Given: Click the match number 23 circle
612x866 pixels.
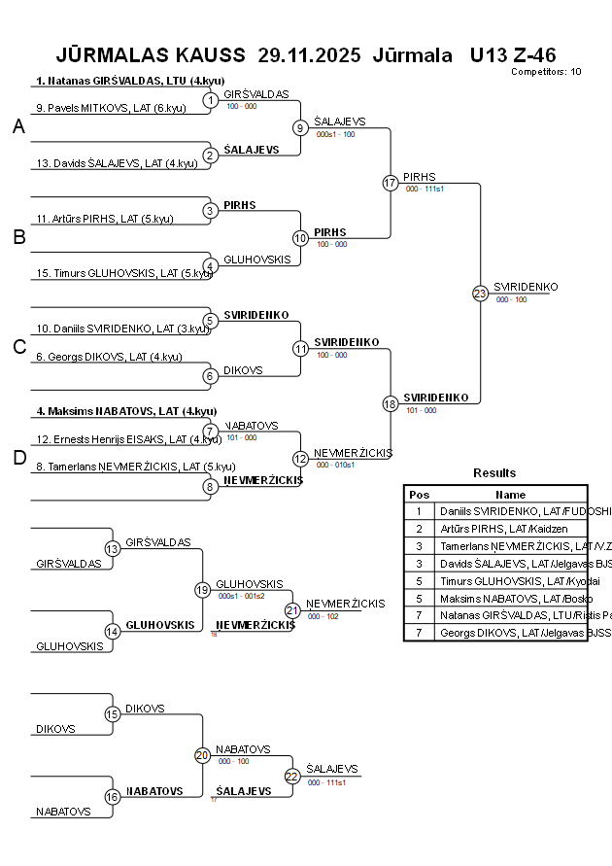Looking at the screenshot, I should pyautogui.click(x=480, y=294).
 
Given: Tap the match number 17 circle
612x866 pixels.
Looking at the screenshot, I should pyautogui.click(x=391, y=183).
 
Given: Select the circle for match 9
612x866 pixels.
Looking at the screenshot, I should pyautogui.click(x=301, y=127).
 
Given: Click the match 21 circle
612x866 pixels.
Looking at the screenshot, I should pyautogui.click(x=293, y=610).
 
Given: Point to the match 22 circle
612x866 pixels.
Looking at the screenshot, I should pyautogui.click(x=293, y=776).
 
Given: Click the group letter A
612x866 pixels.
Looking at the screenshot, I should pyautogui.click(x=18, y=127).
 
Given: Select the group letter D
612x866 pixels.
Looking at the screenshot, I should pyautogui.click(x=18, y=459).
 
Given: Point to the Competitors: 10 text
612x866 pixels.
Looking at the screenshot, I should pyautogui.click(x=546, y=72).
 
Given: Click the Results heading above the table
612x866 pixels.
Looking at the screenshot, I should pyautogui.click(x=494, y=473).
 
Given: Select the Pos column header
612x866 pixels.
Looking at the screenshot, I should pyautogui.click(x=419, y=495).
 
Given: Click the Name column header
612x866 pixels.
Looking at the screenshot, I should pyautogui.click(x=510, y=495).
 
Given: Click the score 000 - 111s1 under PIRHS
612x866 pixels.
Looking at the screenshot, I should pyautogui.click(x=425, y=189).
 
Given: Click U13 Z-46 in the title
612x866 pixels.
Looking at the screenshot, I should pyautogui.click(x=512, y=54).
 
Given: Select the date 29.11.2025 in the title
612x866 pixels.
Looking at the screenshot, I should pyautogui.click(x=309, y=54).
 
